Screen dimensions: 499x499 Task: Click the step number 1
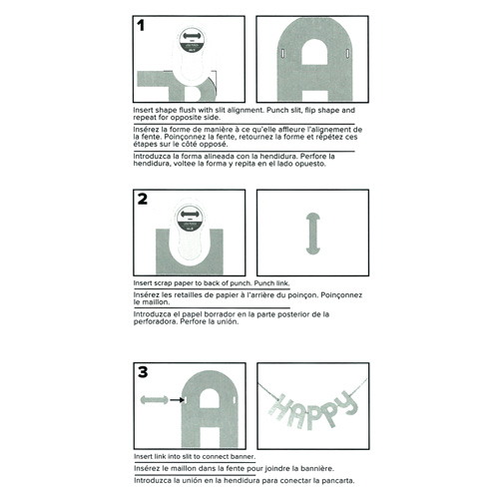point(141,25)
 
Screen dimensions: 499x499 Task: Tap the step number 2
point(143,199)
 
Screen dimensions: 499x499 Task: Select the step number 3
point(143,372)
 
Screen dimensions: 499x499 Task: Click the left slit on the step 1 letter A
point(283,53)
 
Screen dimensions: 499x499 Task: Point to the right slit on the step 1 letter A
point(347,53)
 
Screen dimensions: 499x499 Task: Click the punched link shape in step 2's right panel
point(313,234)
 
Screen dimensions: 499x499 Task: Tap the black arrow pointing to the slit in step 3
point(177,400)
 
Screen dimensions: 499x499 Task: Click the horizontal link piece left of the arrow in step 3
point(155,400)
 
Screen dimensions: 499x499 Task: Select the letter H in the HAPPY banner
point(279,408)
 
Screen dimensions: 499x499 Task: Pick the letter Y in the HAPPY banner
point(348,403)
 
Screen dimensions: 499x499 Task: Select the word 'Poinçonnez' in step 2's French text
point(341,295)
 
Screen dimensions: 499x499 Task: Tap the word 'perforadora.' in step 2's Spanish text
point(156,322)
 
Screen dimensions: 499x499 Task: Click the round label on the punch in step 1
point(193,41)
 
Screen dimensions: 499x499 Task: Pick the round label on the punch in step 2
point(190,219)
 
